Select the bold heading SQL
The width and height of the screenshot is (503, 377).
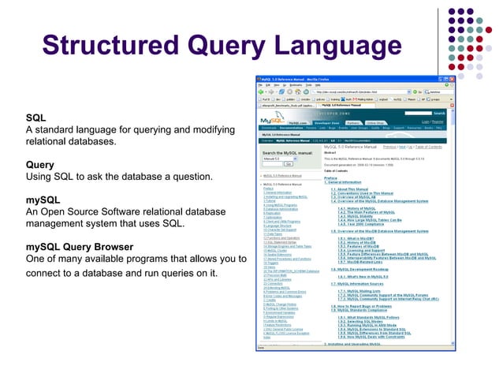pos(35,118)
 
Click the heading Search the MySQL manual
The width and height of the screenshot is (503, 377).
pos(290,152)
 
